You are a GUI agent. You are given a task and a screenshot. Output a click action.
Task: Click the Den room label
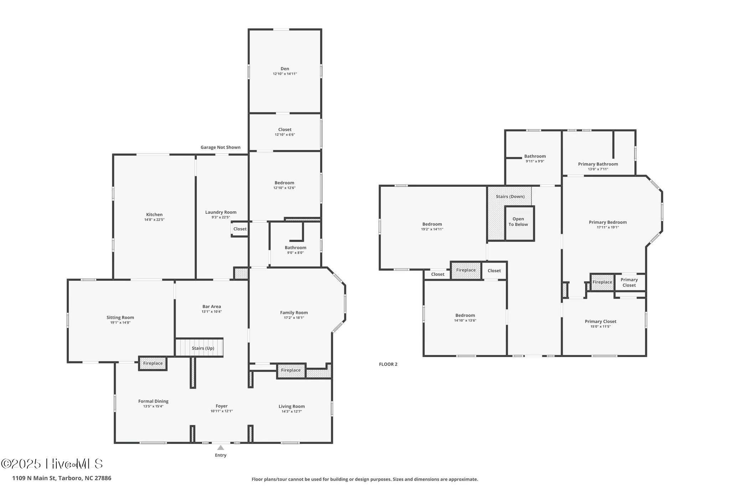click(x=284, y=69)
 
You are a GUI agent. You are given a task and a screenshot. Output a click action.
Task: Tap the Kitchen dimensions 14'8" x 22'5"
click(x=154, y=220)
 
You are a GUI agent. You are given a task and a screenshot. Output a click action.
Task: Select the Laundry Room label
click(x=221, y=212)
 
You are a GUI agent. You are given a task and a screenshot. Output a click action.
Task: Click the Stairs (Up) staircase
click(x=200, y=348)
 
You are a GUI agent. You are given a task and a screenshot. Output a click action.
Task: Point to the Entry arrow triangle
click(x=221, y=448)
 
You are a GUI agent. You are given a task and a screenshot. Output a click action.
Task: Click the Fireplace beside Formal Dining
click(x=153, y=363)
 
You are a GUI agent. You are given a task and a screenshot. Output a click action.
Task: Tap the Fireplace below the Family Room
click(x=291, y=371)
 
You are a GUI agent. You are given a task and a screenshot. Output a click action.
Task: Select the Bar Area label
click(x=211, y=306)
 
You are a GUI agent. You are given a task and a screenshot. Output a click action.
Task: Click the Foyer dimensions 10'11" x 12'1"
click(x=221, y=411)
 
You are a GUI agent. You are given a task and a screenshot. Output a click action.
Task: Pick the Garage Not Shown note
click(x=220, y=147)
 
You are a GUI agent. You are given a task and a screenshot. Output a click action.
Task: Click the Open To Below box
click(x=518, y=223)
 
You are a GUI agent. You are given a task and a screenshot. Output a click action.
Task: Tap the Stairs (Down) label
click(x=510, y=197)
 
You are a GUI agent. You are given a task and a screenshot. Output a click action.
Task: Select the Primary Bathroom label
click(x=598, y=164)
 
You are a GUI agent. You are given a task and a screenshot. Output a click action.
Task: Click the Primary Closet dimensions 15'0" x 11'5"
click(x=600, y=326)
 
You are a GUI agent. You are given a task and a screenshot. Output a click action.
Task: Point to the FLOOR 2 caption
click(x=388, y=364)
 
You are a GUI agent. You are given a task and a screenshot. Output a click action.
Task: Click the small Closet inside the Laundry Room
click(x=240, y=229)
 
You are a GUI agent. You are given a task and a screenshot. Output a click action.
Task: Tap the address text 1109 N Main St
click(x=62, y=478)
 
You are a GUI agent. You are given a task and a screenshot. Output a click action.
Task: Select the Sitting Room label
click(x=120, y=317)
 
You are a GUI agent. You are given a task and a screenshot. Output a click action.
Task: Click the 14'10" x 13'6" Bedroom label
click(x=465, y=315)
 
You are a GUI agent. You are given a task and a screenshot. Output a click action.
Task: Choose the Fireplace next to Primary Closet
click(x=602, y=282)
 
